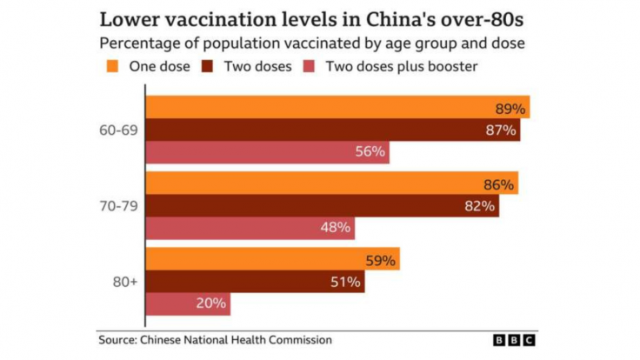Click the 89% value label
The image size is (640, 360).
tap(510, 109)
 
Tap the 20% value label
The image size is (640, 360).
tap(211, 303)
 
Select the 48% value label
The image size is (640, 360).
tap(335, 228)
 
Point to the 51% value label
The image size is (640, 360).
tap(345, 282)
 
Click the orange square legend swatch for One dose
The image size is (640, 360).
tap(111, 65)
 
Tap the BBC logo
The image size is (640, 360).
tap(514, 340)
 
